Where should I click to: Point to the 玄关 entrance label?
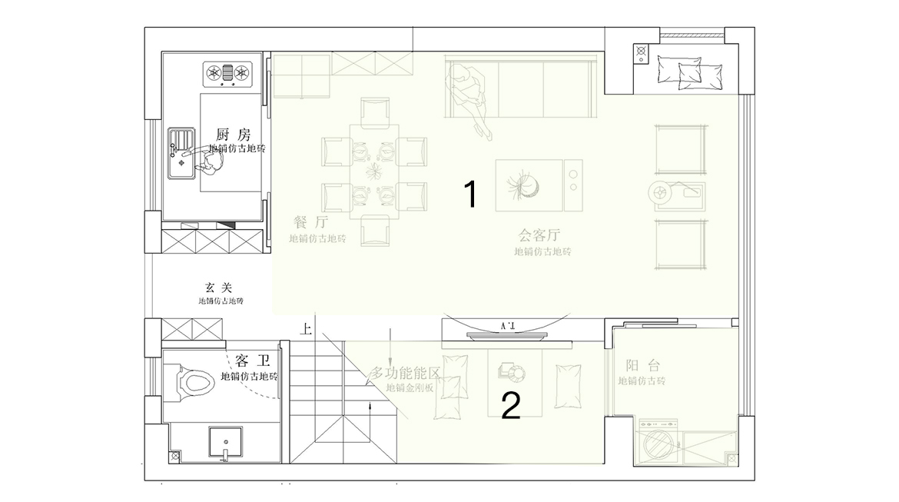pos(218,288)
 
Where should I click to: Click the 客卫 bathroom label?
pos(251,361)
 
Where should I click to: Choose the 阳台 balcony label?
pos(642,366)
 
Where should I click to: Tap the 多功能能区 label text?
pos(406,374)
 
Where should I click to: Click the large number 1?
pos(471,195)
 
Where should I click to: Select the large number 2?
pos(511,406)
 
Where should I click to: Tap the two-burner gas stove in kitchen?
pos(227,74)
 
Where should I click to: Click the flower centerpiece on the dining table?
pos(375,169)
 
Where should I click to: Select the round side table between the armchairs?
pos(659,193)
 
